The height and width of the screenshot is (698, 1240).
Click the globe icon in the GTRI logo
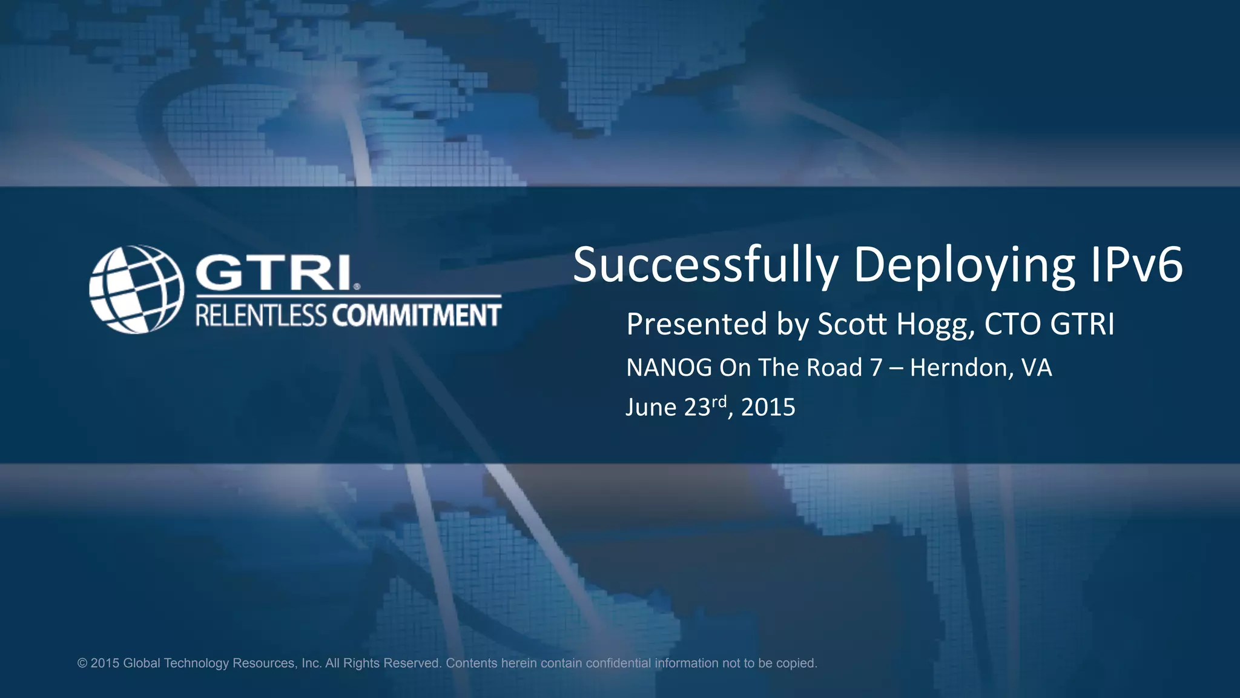(x=136, y=289)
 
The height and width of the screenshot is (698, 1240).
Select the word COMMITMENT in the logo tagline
(x=416, y=316)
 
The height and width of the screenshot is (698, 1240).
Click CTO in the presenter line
(x=1012, y=324)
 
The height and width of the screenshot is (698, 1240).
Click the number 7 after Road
(x=876, y=368)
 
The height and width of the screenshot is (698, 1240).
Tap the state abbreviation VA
(x=1037, y=368)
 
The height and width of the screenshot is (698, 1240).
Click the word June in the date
(x=651, y=407)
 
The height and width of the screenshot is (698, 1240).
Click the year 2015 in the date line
(x=768, y=407)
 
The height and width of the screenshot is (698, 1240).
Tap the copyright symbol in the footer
(x=82, y=663)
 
